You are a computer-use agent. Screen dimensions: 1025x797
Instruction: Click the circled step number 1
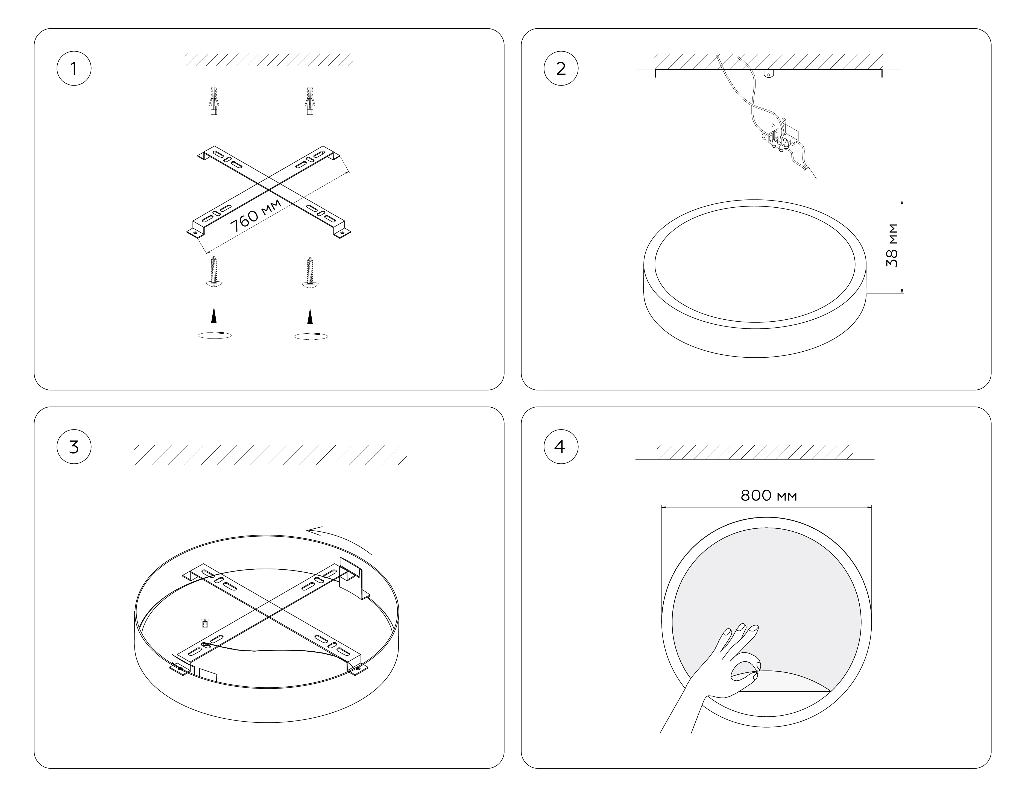74,69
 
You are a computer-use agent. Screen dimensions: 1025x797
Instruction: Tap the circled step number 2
561,69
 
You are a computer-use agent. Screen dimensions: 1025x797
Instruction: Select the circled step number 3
74,447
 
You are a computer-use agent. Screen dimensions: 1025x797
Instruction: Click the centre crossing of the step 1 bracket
269,190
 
